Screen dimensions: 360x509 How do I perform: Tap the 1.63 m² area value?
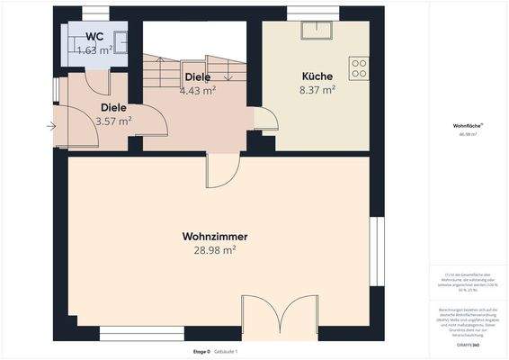coord(94,50)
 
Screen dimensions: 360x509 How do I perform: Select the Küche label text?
coord(317,76)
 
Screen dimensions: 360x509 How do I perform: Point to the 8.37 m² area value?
coord(317,90)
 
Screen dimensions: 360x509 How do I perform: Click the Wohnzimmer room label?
coord(215,236)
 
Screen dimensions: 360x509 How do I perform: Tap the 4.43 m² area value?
coord(197,90)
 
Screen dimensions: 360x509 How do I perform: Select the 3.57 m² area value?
coord(113,121)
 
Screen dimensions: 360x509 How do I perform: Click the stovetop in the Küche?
coord(359,68)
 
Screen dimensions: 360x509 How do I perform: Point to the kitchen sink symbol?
coord(317,31)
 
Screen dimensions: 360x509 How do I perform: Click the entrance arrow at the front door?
coord(50,126)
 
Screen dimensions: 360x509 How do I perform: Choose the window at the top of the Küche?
coord(317,12)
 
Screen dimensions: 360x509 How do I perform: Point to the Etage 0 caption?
coord(202,350)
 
